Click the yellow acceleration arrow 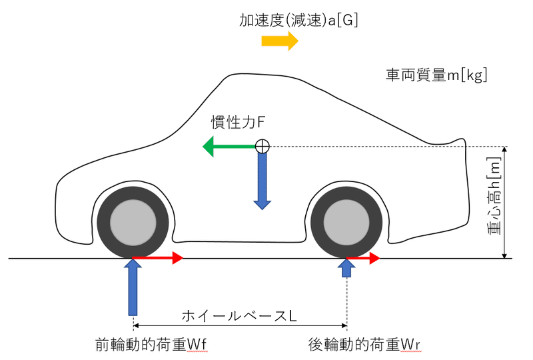point(279,41)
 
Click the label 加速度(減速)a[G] point(299,21)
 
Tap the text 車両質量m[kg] point(436,75)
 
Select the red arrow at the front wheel point(157,258)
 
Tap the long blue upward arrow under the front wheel point(133,287)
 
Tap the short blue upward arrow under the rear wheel point(346,268)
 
